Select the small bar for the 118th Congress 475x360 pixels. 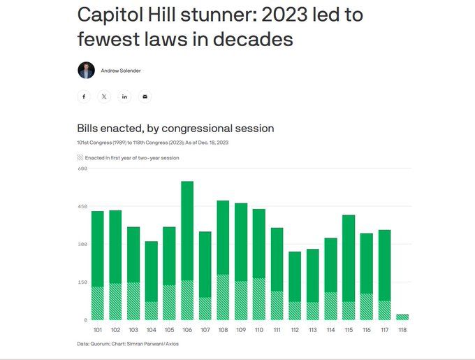point(402,317)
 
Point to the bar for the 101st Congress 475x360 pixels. point(97,266)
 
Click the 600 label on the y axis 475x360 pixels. point(82,168)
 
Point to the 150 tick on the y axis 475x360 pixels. point(82,282)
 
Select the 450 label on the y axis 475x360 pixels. point(82,206)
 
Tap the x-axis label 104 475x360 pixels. point(151,329)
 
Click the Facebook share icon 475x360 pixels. point(84,96)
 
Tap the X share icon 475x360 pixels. point(104,96)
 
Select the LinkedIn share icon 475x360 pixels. point(124,96)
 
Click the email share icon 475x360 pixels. point(145,96)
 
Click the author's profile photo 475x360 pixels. point(85,70)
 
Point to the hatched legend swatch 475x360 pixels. point(80,158)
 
